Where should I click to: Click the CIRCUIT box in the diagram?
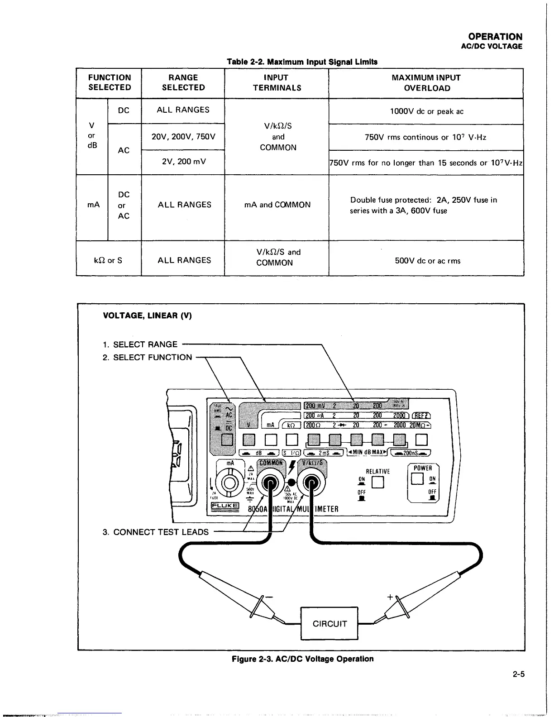point(330,623)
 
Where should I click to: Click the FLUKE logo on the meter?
point(224,506)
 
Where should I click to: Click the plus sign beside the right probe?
point(390,597)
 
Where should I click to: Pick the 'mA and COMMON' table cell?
point(277,205)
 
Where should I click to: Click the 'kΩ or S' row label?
point(108,260)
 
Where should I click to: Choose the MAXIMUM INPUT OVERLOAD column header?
point(426,83)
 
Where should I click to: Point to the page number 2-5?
point(519,674)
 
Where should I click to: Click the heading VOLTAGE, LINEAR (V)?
point(148,315)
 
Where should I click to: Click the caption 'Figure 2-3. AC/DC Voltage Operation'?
point(302,659)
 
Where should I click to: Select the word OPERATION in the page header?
point(495,37)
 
